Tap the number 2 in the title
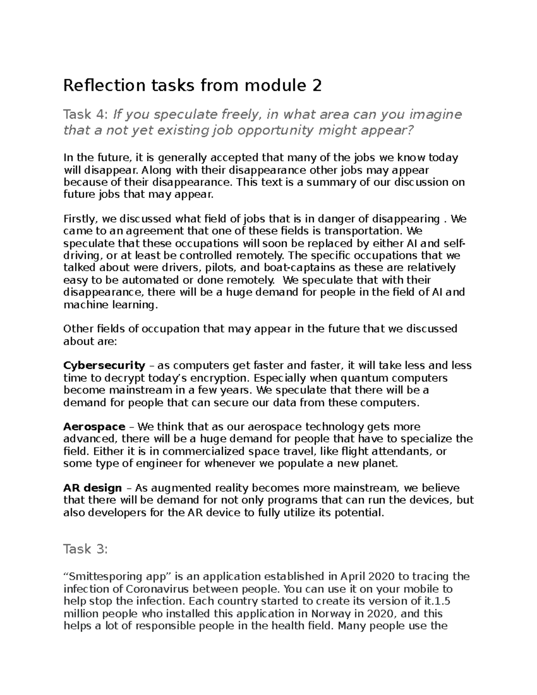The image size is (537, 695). [317, 85]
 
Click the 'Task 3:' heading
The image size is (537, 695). [85, 549]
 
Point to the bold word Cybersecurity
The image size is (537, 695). [104, 366]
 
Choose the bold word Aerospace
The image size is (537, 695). [94, 427]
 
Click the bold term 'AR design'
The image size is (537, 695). [93, 488]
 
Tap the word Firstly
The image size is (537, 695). [81, 219]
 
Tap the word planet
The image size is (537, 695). [381, 463]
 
